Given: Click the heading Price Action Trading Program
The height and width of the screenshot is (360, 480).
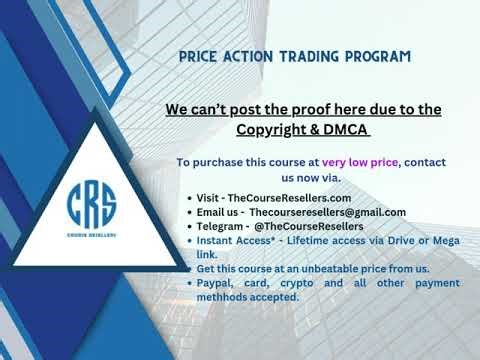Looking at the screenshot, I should [294, 56].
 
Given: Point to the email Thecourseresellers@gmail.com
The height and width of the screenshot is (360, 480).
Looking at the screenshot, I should [327, 212].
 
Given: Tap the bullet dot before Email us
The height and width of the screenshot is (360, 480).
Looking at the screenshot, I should [189, 213].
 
